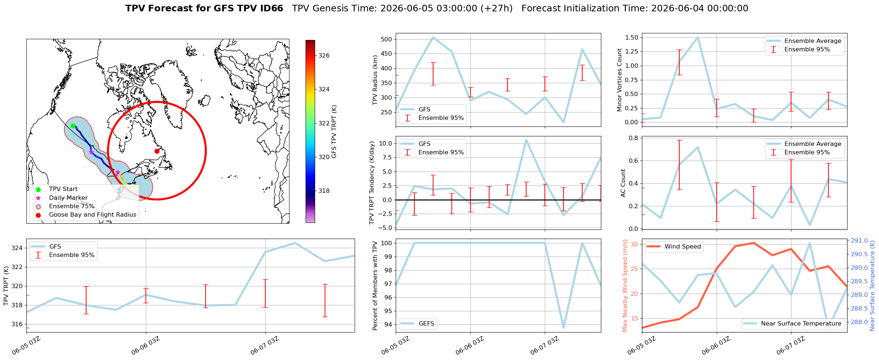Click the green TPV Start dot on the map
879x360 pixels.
pos(73,126)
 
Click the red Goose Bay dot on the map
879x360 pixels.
pos(157,151)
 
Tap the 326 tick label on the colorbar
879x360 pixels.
pos(324,56)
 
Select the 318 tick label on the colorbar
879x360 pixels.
pos(324,191)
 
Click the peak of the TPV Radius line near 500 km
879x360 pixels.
pos(433,37)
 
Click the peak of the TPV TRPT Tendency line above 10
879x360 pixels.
pos(526,140)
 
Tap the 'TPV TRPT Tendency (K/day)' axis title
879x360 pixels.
pos(372,183)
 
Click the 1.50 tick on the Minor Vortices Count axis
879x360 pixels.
pos(631,38)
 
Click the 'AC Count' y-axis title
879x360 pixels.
pos(623,183)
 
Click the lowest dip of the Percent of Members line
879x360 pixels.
pos(563,328)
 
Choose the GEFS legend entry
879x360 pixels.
pos(418,323)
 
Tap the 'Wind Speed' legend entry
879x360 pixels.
pos(674,247)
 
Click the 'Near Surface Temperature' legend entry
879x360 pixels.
pos(793,323)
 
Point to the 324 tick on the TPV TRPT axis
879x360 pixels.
pos(18,248)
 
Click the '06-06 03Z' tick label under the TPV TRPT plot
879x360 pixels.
pos(146,345)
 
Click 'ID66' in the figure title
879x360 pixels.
pos(270,8)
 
